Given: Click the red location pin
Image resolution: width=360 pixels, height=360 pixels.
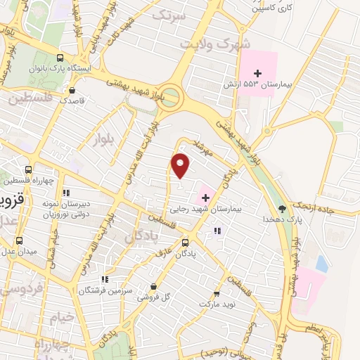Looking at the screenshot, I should [x=181, y=165].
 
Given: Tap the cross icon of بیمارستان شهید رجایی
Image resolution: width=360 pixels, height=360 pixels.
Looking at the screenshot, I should [x=205, y=196].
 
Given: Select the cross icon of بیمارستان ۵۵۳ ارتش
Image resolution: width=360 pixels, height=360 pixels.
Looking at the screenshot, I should [x=257, y=73].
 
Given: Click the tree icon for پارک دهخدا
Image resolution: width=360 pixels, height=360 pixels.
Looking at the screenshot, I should [x=282, y=208].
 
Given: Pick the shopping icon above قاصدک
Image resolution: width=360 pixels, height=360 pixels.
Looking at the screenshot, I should [x=72, y=90].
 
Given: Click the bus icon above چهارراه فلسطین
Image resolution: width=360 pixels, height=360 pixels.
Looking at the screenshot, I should [x=28, y=169].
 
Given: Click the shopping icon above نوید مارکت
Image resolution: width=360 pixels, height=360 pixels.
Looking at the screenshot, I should [x=216, y=294].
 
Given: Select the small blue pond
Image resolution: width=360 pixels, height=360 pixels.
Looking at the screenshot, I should [x=321, y=264].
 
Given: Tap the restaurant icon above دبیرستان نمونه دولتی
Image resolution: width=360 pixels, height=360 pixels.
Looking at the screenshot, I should [x=66, y=193].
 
